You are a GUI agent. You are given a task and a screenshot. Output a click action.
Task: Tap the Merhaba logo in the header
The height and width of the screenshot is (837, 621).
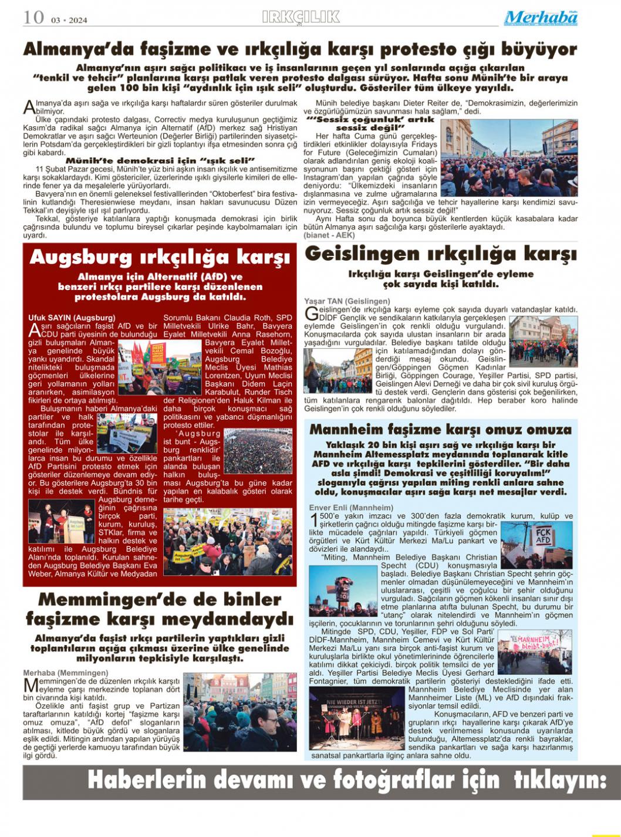(541, 18)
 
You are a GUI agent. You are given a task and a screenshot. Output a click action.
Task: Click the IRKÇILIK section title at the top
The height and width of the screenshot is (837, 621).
(301, 18)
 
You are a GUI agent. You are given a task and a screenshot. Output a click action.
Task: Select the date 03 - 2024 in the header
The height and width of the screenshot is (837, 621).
(69, 20)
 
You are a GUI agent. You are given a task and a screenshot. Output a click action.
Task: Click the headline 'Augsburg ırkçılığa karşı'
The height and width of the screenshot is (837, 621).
(160, 257)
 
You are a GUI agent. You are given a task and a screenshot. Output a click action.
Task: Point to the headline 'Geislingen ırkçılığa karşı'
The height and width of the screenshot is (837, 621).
(441, 254)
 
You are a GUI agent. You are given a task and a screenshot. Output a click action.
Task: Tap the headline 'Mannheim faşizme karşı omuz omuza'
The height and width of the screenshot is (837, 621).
(440, 429)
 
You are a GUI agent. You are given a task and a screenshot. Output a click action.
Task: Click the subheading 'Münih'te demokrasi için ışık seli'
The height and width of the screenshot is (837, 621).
(160, 160)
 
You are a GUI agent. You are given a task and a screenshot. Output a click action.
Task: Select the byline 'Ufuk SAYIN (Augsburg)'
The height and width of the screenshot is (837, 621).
(72, 318)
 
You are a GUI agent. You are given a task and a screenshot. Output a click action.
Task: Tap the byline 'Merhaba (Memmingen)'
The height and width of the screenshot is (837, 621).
(66, 673)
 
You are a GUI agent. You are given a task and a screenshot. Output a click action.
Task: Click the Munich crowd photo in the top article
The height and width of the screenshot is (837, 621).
(508, 158)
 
